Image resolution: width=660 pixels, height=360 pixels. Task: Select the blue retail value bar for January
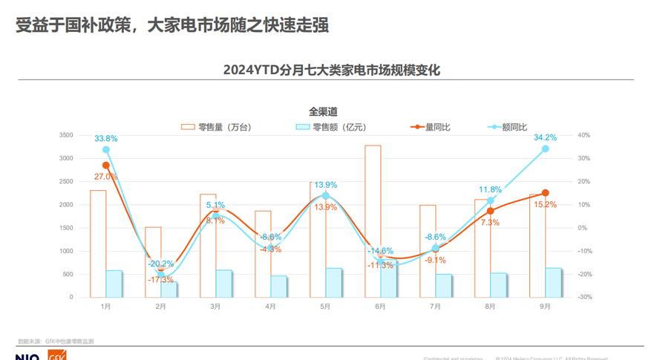pos(114,284)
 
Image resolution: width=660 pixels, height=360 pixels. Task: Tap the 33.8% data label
pos(105,139)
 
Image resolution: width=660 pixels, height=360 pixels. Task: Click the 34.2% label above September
pos(545,137)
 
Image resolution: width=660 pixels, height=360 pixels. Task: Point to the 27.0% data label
pos(105,177)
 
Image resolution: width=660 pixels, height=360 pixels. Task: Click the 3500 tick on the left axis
pos(66,135)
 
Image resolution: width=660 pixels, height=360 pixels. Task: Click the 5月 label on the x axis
pos(325,306)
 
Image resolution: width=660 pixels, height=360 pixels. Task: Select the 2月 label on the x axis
pos(160,306)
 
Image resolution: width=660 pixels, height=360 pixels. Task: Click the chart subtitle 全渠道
pos(324,112)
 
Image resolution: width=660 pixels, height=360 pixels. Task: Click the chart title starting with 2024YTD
pos(332,71)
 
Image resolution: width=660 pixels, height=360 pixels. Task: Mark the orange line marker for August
pos(490,211)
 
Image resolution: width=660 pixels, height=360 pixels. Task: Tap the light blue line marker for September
pos(545,148)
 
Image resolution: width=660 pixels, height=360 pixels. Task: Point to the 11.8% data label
pos(490,189)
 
